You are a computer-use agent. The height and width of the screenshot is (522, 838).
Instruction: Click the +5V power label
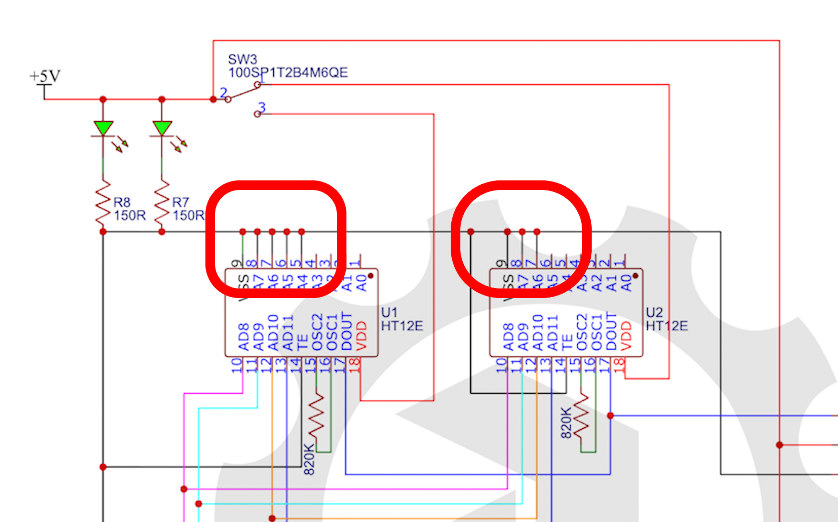coord(45,76)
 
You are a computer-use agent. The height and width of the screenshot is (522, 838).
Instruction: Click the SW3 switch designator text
coord(242,59)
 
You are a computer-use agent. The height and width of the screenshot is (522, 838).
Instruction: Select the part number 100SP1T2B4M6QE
coord(288,72)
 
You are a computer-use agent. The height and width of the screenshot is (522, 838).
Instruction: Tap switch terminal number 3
coord(262,107)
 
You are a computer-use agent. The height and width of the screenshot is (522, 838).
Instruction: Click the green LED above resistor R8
coord(103,128)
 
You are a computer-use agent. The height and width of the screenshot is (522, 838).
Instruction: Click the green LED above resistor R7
coord(162,128)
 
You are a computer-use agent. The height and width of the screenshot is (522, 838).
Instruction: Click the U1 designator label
coord(389,312)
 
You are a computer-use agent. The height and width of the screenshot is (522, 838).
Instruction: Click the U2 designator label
coord(654,312)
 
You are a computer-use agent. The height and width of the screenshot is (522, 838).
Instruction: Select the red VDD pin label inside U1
coord(362,336)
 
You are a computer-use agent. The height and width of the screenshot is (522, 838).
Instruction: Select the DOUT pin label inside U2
coord(611,331)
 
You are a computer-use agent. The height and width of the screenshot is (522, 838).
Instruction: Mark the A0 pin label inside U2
coord(627,283)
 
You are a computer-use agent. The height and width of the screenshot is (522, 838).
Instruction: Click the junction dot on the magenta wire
coord(184,489)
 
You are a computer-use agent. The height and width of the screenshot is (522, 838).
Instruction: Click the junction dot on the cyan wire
coord(198,504)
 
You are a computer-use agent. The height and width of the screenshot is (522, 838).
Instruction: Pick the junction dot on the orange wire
coord(272,518)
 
